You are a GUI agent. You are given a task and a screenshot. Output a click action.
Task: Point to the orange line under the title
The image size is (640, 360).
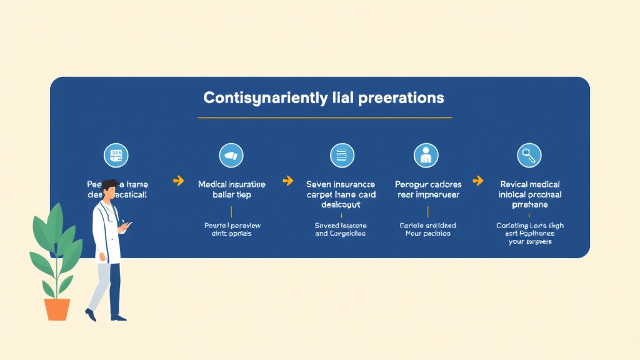pos(324,117)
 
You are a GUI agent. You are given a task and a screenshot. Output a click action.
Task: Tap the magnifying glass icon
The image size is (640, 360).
pos(529,155)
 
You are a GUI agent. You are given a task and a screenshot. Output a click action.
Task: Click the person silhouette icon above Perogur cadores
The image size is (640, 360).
pos(426,155)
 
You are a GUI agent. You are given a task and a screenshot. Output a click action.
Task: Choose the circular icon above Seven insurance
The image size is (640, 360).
pos(342,155)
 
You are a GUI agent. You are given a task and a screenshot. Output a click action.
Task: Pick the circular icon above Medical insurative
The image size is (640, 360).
pos(231,155)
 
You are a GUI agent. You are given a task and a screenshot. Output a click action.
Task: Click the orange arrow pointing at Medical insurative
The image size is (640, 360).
pos(178,181)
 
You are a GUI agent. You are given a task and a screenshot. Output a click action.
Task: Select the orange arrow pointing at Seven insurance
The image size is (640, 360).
pos(287,181)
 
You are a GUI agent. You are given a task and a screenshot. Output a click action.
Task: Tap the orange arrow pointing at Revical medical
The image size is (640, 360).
pos(478,181)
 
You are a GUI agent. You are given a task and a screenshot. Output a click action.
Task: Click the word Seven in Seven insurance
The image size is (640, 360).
pos(319,184)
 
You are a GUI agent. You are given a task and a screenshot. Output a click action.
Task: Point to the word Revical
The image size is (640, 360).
pos(514,184)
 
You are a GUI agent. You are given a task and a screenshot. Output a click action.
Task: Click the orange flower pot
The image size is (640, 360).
pos(57,309)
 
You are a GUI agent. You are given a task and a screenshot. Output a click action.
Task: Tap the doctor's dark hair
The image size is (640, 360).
pos(110,185)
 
